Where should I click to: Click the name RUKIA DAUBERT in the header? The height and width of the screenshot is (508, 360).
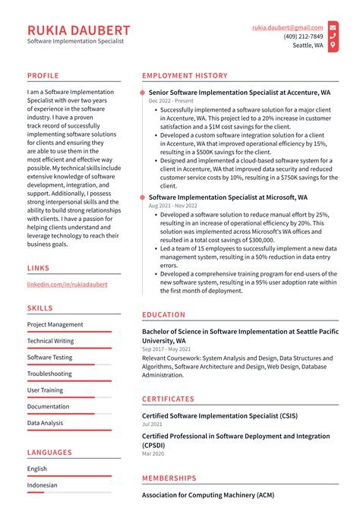[79, 30]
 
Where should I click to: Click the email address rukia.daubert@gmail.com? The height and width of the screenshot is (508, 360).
[288, 27]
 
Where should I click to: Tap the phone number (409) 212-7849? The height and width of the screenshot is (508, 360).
[303, 36]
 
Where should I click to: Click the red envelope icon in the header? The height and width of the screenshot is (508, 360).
[334, 27]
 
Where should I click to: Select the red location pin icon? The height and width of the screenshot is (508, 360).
[334, 46]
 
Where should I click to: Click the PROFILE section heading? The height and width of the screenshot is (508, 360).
[43, 76]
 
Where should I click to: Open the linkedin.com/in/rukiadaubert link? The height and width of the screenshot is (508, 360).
[67, 284]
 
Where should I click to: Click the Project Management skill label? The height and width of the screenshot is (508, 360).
[55, 324]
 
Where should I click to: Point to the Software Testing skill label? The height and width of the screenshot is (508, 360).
[50, 357]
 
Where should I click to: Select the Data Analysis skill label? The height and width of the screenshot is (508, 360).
[46, 423]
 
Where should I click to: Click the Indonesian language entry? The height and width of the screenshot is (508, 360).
[43, 485]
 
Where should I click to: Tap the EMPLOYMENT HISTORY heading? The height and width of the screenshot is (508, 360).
[185, 76]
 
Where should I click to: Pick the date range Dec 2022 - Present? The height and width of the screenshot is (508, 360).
[171, 101]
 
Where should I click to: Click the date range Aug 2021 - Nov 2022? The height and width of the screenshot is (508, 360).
[173, 206]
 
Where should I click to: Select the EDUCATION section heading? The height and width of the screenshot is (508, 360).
[163, 314]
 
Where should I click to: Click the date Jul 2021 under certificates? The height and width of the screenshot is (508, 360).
[151, 424]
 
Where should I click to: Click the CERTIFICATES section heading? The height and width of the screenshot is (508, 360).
[168, 399]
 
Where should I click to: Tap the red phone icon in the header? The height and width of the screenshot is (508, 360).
[334, 36]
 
